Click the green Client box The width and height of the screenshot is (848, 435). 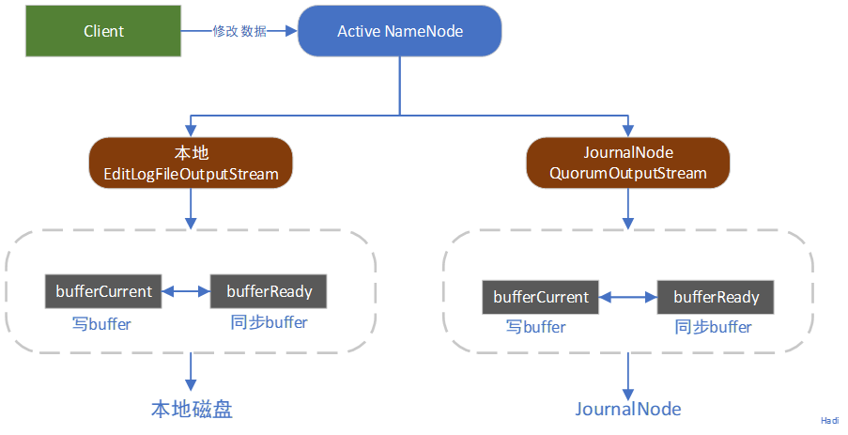click(103, 31)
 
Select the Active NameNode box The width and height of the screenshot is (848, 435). click(399, 31)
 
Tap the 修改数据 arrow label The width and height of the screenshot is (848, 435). click(239, 31)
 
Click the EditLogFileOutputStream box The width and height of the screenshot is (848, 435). click(191, 163)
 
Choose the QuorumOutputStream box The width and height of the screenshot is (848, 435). click(627, 163)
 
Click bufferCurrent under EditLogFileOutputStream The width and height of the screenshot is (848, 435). click(103, 291)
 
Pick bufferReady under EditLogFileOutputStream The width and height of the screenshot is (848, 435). click(269, 291)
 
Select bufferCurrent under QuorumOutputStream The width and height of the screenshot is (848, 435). click(540, 297)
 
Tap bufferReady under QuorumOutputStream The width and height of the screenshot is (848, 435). click(716, 297)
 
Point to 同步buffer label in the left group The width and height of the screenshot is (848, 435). click(269, 322)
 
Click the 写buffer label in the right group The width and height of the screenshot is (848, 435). click(536, 327)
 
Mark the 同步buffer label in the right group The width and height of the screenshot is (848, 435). click(714, 327)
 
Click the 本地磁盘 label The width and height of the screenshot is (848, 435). click(192, 409)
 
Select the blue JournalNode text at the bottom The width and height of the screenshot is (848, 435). click(627, 409)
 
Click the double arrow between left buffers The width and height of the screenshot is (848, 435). click(186, 291)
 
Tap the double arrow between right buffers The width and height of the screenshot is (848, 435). click(627, 297)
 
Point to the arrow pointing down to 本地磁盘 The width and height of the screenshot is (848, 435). click(191, 371)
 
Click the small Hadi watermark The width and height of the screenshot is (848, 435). click(829, 422)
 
